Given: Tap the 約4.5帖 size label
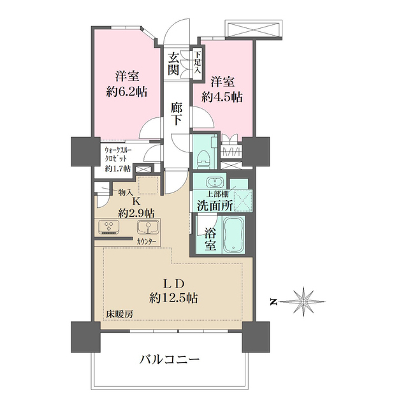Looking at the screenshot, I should click(x=222, y=98).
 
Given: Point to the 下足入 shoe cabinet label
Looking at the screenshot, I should click(x=198, y=62).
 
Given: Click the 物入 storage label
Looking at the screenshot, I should click(x=125, y=192).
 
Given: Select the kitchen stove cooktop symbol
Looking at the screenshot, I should click(x=110, y=228).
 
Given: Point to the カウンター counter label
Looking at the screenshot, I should click(x=147, y=242).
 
